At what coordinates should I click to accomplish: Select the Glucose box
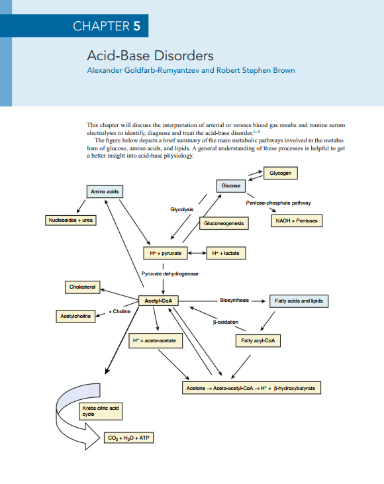pos(231,186)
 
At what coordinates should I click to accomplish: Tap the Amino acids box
pos(105,191)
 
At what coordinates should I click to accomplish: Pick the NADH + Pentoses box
pos(296,220)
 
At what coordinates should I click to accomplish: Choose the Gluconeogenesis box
pos(224,224)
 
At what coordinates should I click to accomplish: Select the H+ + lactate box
pos(224,253)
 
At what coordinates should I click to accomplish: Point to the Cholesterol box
pos(83,287)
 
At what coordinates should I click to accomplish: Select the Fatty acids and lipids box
pos(299,301)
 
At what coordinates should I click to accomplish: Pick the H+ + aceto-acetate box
pos(156,340)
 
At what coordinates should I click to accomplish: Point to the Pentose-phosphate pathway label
pos(278,203)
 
